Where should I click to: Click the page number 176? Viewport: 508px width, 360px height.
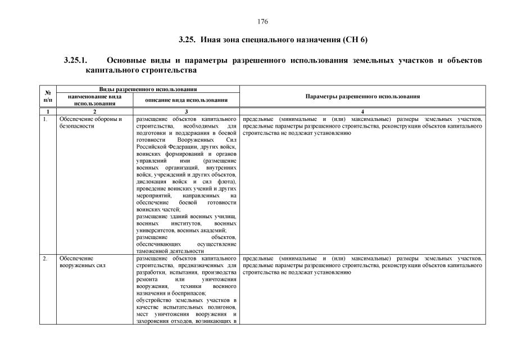(x=262, y=21)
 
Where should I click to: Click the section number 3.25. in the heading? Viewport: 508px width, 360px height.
(x=187, y=40)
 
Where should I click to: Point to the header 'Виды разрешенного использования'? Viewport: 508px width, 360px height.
(x=148, y=89)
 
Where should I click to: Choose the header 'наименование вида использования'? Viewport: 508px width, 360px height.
(x=94, y=100)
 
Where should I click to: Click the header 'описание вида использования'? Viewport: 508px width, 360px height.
(x=186, y=100)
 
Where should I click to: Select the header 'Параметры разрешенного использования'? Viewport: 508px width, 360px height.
(x=362, y=96)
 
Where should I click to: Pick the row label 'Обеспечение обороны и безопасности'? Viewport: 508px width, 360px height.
(x=90, y=123)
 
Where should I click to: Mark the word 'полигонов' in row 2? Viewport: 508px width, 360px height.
(x=223, y=307)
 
